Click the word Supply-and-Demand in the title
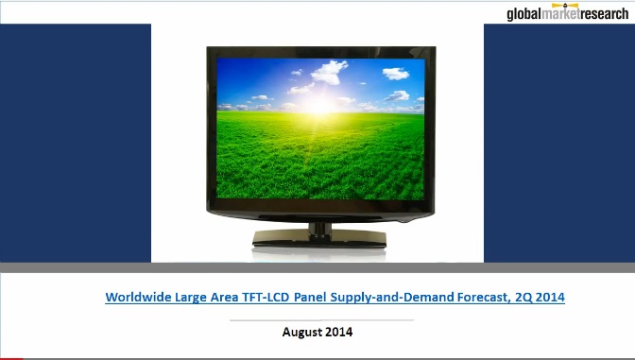coord(387,297)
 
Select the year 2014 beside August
coord(338,332)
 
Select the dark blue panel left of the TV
coord(76,142)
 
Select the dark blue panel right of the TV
coord(558,142)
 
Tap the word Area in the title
coord(223,297)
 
